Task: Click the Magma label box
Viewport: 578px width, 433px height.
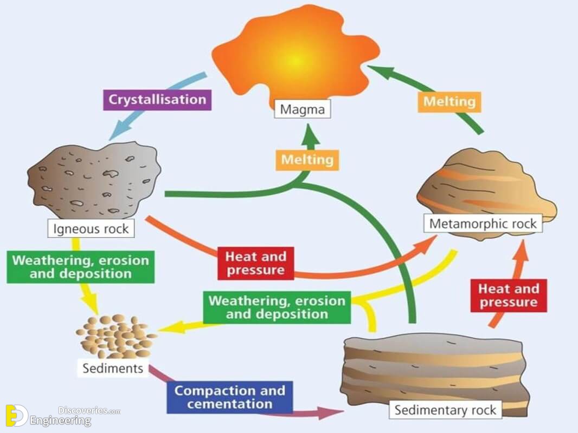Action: coord(302,109)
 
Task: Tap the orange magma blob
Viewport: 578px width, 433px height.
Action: coord(296,55)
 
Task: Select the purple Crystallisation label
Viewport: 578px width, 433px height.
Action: coord(157,100)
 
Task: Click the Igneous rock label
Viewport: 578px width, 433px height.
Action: coord(91,228)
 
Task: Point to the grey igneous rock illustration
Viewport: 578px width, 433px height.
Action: coord(94,180)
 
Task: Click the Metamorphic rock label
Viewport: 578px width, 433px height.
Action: coord(483,224)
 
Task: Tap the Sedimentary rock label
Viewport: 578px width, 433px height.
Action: coord(445,410)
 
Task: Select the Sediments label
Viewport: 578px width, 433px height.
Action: coord(113,368)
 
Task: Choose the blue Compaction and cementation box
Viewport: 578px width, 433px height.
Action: coord(230,397)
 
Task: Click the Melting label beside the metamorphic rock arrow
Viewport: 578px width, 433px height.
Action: coord(449,102)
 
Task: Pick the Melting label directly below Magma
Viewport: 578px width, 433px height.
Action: coord(307,160)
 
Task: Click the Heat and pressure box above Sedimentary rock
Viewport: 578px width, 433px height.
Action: coord(509,296)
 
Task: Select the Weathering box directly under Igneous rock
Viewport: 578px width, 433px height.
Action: coord(80,267)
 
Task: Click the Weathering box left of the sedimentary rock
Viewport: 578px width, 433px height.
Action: coord(277,307)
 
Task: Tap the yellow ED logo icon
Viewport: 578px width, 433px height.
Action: coord(17,416)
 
